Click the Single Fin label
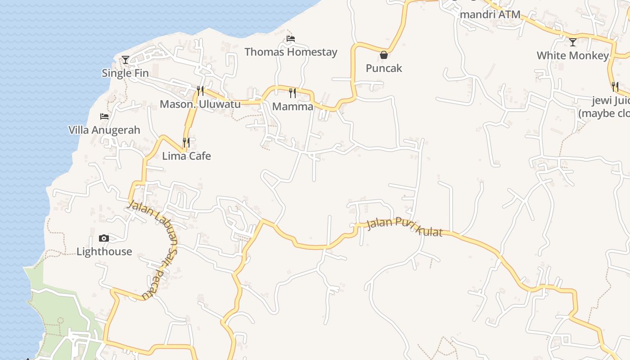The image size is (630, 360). point(125,73)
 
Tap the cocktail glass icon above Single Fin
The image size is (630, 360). point(125,59)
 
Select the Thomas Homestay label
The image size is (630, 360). point(291,52)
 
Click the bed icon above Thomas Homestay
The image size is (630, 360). point(291,39)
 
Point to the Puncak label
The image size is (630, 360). point(384,68)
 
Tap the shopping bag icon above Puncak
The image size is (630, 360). point(384,55)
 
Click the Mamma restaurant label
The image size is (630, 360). point(292,107)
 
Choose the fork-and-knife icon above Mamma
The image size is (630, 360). point(292,93)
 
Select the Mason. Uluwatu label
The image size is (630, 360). point(200,104)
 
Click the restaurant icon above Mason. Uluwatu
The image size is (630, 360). point(200,91)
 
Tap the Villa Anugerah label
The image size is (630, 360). point(104,130)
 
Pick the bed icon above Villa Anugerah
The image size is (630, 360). point(104,117)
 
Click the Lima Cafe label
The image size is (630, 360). point(186,156)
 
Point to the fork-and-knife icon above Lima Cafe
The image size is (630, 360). point(186,143)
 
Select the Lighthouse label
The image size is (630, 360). point(104,252)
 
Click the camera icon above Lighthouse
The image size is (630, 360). point(104,238)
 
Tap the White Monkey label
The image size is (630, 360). point(572,56)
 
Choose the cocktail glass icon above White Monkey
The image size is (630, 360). point(572,42)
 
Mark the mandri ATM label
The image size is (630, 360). point(490,14)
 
